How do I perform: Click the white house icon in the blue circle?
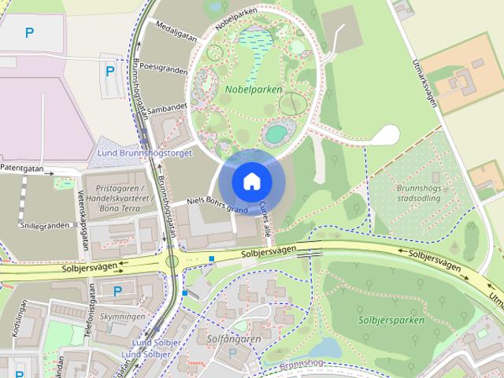click(251, 181)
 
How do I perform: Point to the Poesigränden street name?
click(162, 69)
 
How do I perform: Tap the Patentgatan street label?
click(23, 168)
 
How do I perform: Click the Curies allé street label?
click(265, 219)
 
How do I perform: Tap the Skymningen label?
click(123, 317)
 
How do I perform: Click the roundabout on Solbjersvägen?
click(172, 260)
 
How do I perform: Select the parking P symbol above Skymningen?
click(117, 291)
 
